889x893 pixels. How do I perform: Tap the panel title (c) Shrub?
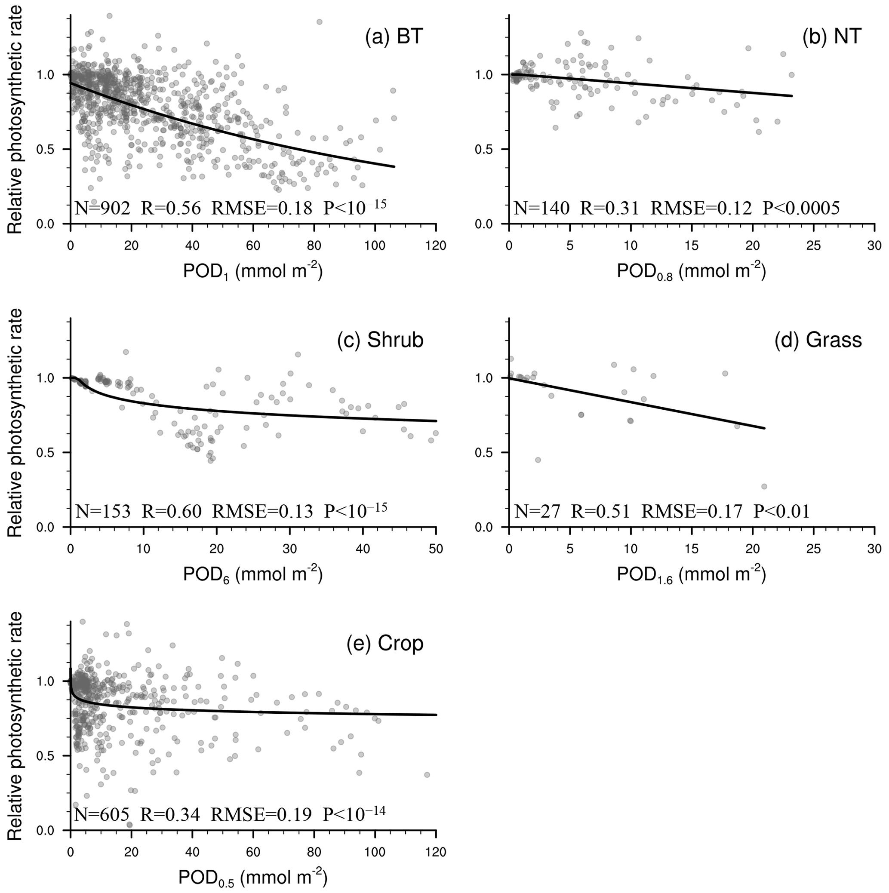[x=380, y=340]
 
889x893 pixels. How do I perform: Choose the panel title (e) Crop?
[x=385, y=643]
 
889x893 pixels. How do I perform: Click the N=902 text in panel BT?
[x=103, y=209]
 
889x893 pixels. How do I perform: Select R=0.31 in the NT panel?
[x=609, y=209]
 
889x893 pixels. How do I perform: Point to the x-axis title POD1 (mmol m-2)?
[x=253, y=271]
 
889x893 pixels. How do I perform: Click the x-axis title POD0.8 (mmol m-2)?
[x=691, y=271]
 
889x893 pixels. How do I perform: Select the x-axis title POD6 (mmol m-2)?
[x=253, y=574]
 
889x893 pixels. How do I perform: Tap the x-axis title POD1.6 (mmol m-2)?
[x=691, y=574]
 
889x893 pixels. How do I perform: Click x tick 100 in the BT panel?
[x=375, y=245]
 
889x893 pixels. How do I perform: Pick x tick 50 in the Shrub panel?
[x=436, y=549]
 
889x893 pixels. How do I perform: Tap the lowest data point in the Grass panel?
[x=764, y=486]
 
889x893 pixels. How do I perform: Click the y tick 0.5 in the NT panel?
[x=486, y=149]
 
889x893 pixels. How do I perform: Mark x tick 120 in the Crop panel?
[x=436, y=851]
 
